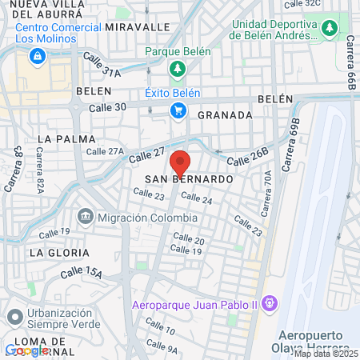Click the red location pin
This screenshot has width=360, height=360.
pos(181,162)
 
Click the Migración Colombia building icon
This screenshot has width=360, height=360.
pos(86,218)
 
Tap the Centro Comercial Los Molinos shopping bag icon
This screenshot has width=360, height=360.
pos(37,56)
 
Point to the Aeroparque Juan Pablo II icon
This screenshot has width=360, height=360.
pos(270,303)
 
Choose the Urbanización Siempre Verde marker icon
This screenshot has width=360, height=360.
pos(13,318)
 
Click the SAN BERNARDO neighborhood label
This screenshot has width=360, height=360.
pos(189,180)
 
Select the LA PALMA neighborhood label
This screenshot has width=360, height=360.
pos(60,138)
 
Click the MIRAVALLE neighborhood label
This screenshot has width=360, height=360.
pos(142,26)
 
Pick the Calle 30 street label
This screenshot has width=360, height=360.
pos(107,107)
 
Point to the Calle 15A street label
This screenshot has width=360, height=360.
pos(84,274)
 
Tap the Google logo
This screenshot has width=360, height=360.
pos(26,350)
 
